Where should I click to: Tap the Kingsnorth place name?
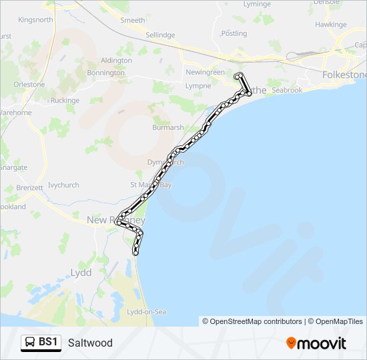tap(35, 20)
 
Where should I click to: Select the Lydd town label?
tap(81, 273)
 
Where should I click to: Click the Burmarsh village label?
tap(167, 127)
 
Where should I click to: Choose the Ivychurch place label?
tap(64, 185)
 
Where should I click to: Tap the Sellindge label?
tap(160, 35)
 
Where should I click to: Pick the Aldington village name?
tap(116, 60)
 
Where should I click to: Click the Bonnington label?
tap(105, 73)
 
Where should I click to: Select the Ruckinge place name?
tap(65, 101)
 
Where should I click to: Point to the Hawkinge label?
tap(331, 24)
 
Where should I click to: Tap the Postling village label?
tap(234, 33)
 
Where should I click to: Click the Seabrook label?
tap(287, 90)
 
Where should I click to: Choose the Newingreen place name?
tap(205, 72)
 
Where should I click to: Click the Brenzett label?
tap(30, 189)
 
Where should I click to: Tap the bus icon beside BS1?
tap(30, 343)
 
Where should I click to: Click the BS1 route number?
tap(48, 343)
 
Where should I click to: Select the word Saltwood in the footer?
tap(90, 343)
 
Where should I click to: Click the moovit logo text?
tap(322, 343)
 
